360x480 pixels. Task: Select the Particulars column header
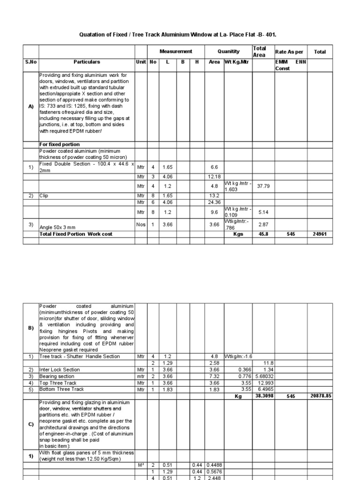tap(86, 61)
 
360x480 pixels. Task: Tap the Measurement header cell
tap(176, 52)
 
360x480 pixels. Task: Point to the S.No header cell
tap(30, 61)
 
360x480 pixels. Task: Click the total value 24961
tap(320, 234)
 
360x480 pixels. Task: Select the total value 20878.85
tap(321, 396)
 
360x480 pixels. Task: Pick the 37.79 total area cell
tap(262, 186)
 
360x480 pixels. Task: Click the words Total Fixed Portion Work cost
tap(76, 234)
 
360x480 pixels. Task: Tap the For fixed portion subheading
tap(60, 144)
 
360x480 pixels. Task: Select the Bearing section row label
tap(57, 376)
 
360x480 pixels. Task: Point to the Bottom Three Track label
tap(61, 390)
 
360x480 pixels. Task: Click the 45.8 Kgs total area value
tap(262, 234)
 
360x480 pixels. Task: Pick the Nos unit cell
tap(141, 224)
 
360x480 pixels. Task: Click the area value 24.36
tap(214, 202)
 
